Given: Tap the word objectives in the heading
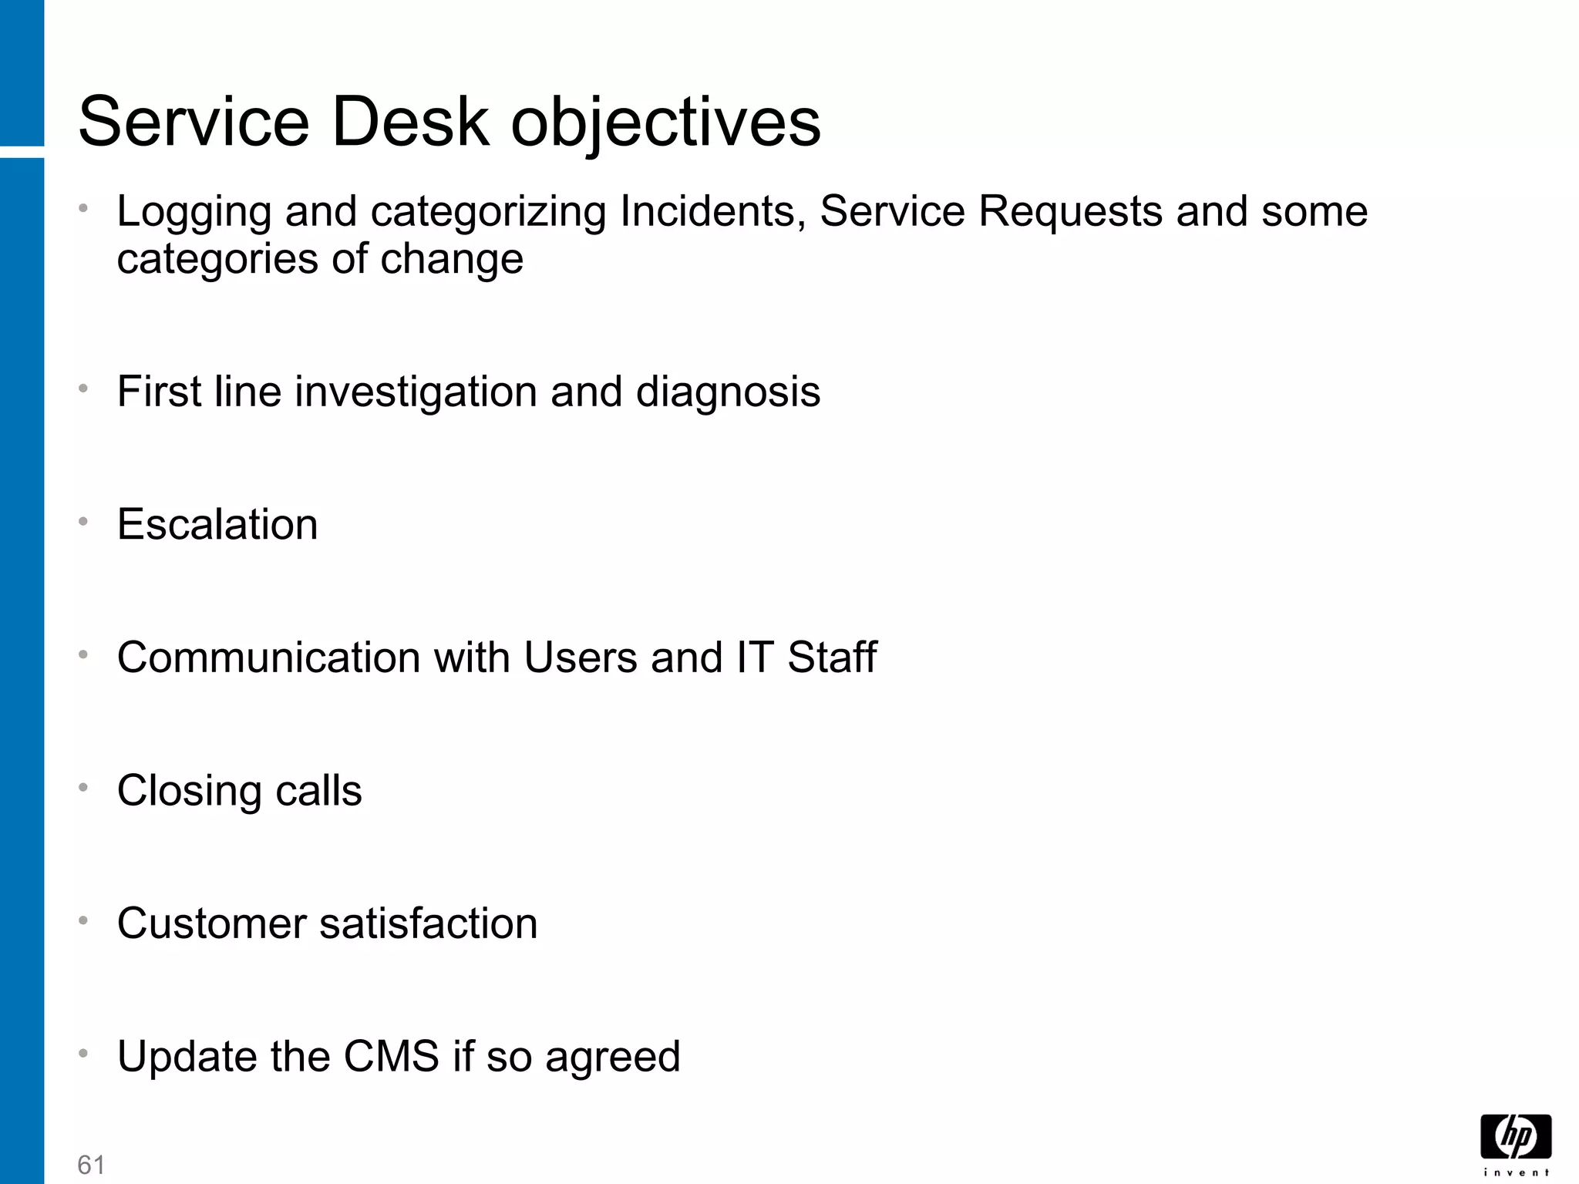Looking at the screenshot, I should (666, 123).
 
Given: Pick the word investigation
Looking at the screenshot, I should (416, 392).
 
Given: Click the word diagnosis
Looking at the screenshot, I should (728, 392).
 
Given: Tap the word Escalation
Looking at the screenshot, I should (217, 525).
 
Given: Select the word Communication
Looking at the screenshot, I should (268, 658).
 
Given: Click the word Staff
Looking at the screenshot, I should (832, 658).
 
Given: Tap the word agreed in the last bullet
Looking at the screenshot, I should (613, 1058).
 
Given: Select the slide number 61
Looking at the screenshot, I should (91, 1165).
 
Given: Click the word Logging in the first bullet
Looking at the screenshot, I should (194, 213).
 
